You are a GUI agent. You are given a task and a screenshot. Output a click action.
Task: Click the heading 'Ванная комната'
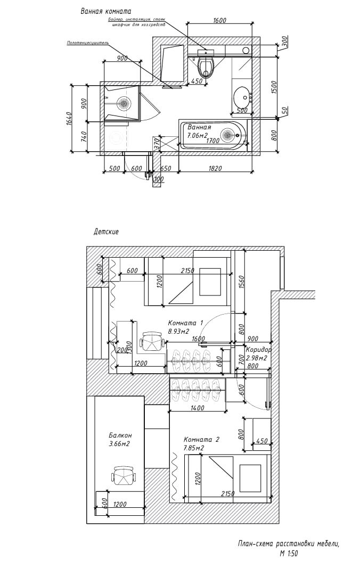click(x=106, y=11)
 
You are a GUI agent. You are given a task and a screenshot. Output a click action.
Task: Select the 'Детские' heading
click(x=106, y=232)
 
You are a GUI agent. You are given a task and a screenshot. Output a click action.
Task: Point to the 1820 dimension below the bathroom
click(x=215, y=168)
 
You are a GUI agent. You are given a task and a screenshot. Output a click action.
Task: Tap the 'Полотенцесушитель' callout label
click(x=88, y=43)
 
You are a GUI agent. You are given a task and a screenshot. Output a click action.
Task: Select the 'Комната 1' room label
click(x=185, y=323)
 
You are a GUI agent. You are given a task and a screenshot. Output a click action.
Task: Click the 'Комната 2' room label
click(x=201, y=440)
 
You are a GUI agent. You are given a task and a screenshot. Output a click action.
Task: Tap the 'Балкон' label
click(x=118, y=434)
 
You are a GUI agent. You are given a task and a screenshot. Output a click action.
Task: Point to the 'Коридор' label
click(x=259, y=350)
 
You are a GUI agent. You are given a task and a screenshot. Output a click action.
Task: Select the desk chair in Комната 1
click(x=151, y=341)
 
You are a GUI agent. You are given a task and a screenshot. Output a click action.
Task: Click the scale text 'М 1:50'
click(x=289, y=553)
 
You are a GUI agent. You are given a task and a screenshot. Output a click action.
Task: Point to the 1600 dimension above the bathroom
click(x=219, y=21)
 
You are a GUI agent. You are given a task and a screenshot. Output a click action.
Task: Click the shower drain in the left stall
click(x=124, y=102)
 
